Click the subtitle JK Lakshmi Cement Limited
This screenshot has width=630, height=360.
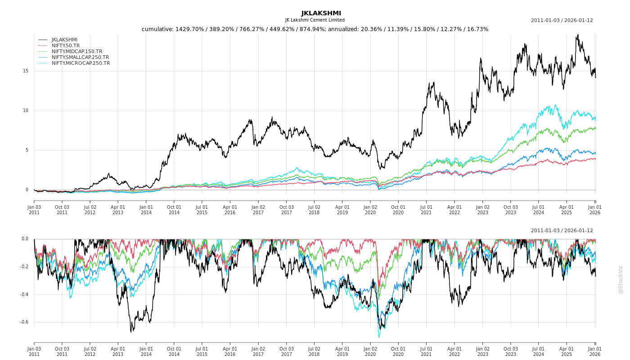tap(315, 20)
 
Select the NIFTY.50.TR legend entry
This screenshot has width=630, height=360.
tap(66, 45)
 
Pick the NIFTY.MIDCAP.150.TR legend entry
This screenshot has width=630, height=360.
tap(77, 51)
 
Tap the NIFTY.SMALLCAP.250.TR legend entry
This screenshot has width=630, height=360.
tap(80, 57)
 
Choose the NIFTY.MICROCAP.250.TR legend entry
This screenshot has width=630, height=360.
tap(81, 63)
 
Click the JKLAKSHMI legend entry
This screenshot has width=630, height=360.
tap(64, 40)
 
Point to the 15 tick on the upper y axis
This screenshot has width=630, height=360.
tap(26, 71)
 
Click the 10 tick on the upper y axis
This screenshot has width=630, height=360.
tap(26, 111)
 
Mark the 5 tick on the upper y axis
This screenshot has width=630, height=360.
tap(27, 150)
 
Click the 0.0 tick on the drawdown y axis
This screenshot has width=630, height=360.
tap(25, 239)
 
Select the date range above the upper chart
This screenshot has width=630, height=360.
tap(562, 20)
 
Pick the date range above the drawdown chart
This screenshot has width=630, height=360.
tap(562, 230)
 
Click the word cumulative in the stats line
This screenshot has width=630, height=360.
tap(158, 29)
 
